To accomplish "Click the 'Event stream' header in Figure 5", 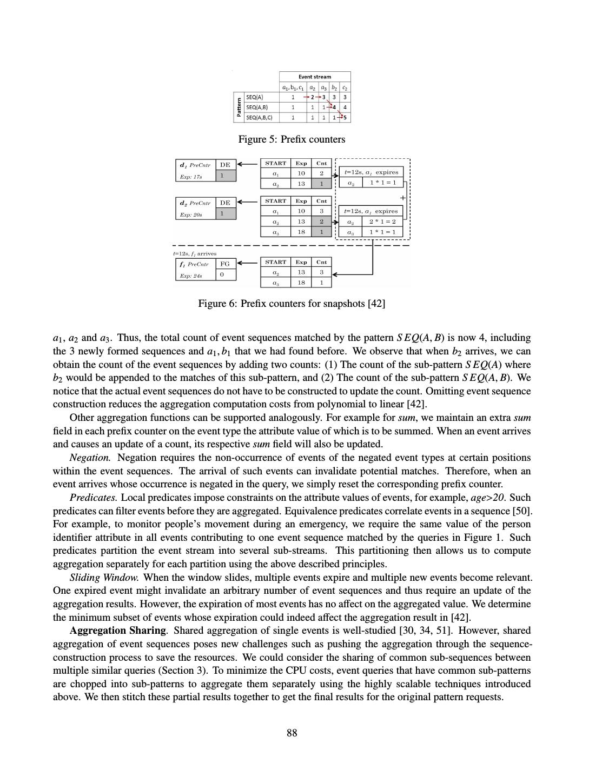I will [315, 77].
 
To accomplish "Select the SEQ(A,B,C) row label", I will [259, 117].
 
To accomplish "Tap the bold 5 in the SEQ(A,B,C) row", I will [345, 117].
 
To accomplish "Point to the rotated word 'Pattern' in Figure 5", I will [238, 108].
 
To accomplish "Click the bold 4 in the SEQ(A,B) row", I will [334, 107].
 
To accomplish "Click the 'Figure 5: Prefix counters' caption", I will [292, 139].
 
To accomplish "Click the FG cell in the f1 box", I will [225, 264].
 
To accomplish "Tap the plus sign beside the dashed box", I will [402, 198].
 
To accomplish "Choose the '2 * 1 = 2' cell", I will [382, 222].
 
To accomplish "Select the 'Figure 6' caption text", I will [292, 304].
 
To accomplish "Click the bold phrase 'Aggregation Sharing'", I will [117, 631].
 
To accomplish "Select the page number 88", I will [292, 733].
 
